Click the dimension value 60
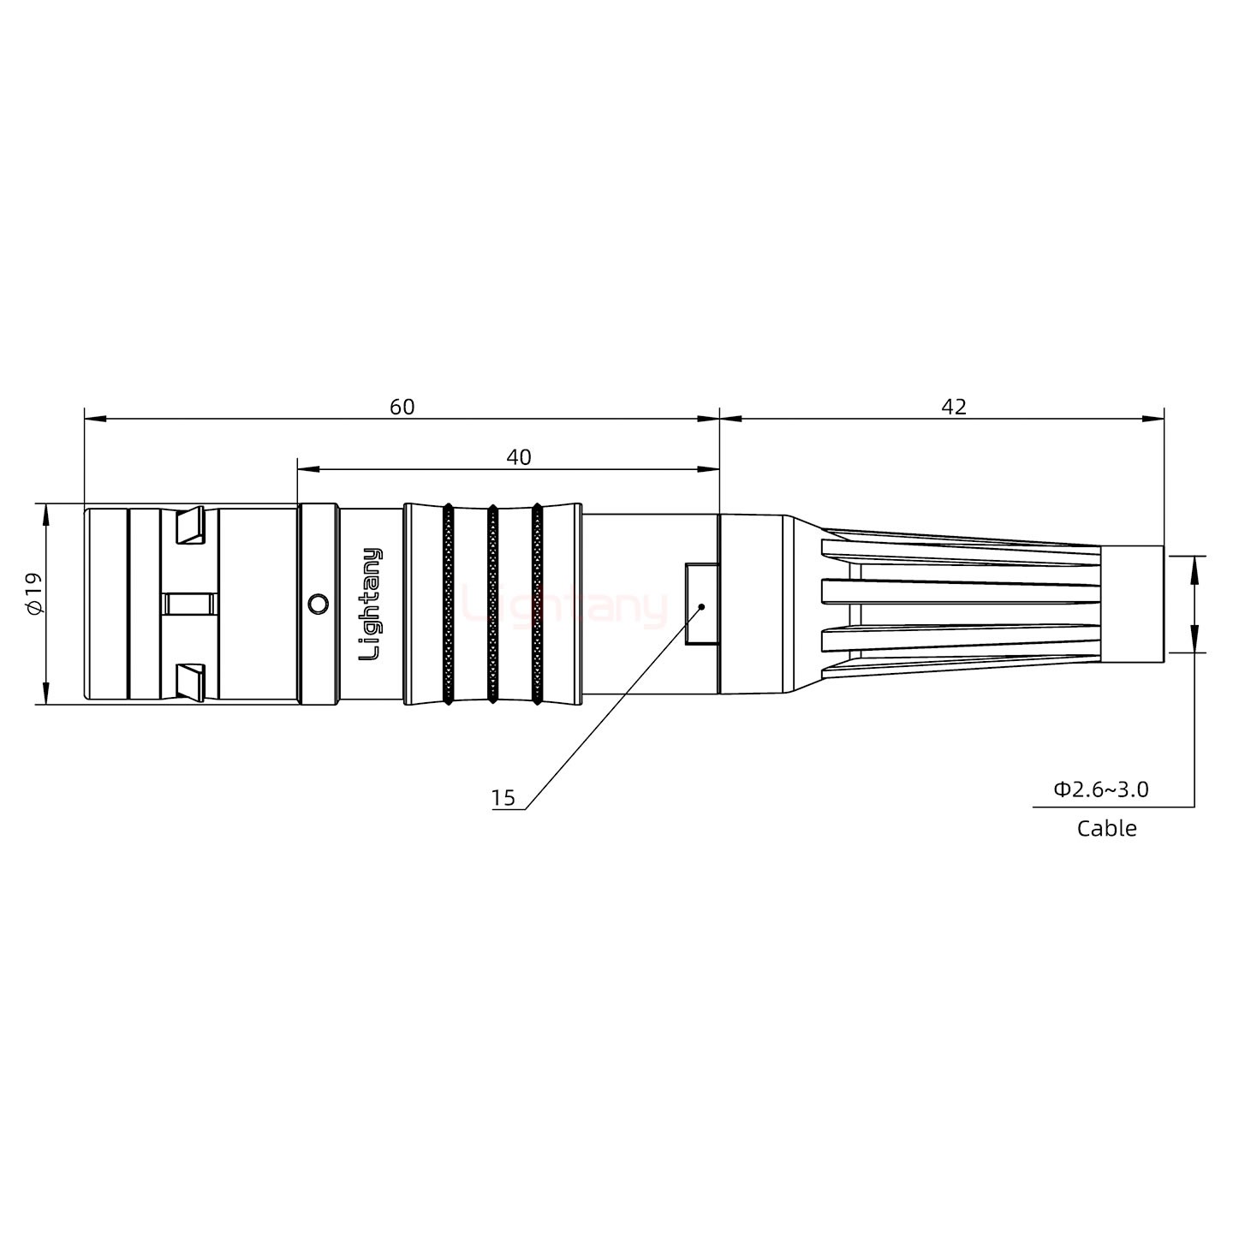402,407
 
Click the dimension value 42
953,407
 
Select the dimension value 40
518,457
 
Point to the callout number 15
503,798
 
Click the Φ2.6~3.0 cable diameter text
1100,789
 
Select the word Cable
1106,828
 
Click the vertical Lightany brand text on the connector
371,604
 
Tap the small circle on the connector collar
317,604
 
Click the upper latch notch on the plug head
189,526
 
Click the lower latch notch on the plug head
189,680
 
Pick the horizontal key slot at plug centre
189,604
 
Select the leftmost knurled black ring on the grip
448,604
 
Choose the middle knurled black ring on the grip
492,604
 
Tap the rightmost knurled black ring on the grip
537,604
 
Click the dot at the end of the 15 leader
701,606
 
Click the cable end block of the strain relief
1131,604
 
